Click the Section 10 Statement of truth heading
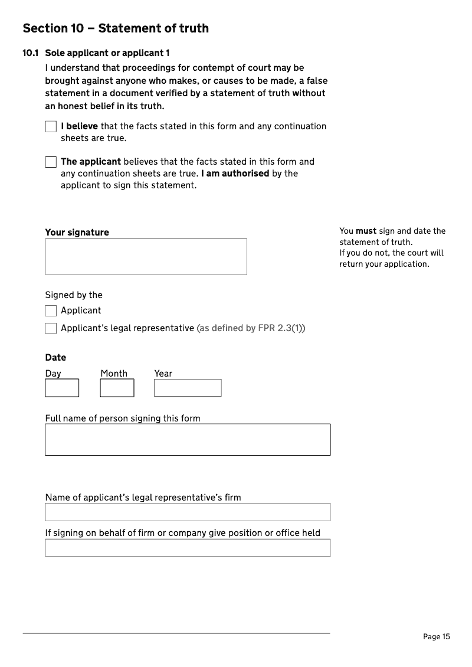pos(116,28)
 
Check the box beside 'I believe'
pos(51,127)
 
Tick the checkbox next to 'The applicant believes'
pos(51,162)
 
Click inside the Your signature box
pos(146,257)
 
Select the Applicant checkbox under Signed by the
pos(51,311)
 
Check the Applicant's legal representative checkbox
pos(51,329)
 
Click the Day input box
pos(62,388)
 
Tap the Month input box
pos(117,388)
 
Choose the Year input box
pos(188,388)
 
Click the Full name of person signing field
pos(188,440)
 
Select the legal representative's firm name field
pos(188,512)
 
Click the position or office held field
pos(188,548)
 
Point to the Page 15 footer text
pos(437,636)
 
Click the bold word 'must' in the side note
pos(366,231)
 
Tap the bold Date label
pos(55,358)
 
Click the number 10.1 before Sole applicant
pos(31,54)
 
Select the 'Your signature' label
pos(77,233)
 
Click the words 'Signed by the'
pos(74,295)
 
